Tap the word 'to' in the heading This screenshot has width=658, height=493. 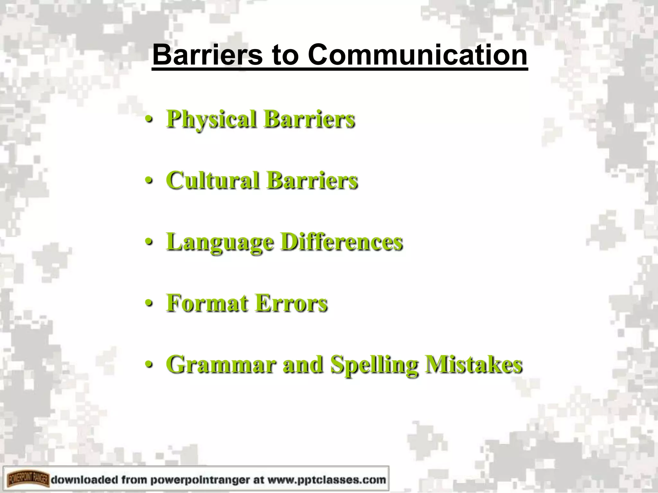tap(285, 56)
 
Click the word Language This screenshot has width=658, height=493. tap(220, 242)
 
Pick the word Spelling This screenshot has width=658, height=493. tap(374, 365)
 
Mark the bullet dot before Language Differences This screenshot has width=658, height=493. tap(148, 243)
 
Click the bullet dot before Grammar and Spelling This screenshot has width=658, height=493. tap(148, 365)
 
